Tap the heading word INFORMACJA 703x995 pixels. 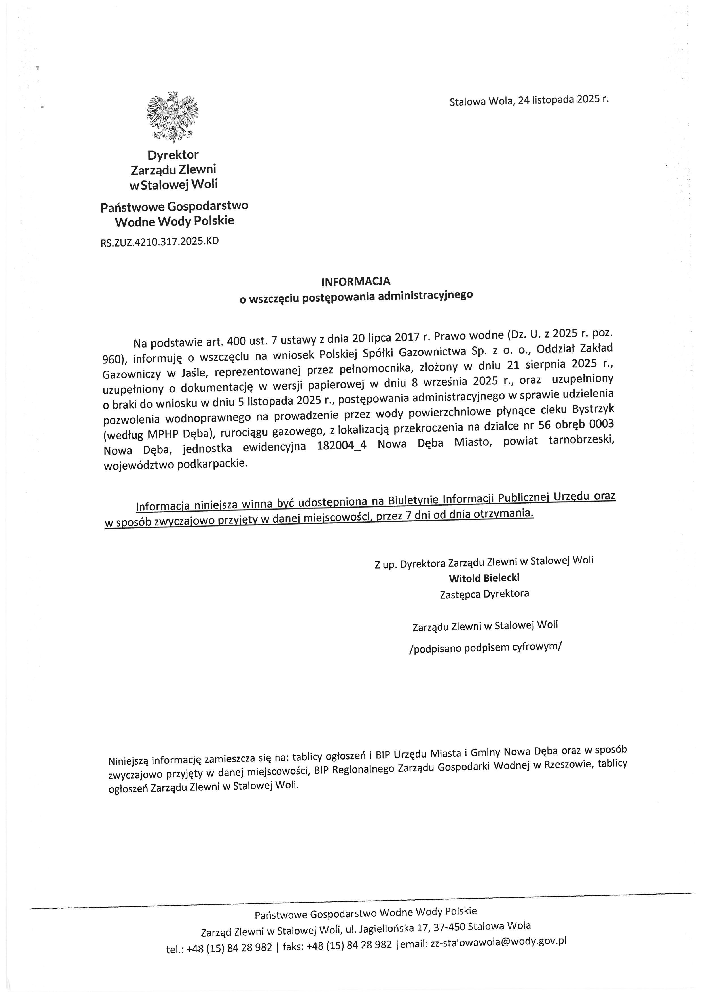pos(355,281)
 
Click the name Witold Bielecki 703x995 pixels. pos(484,578)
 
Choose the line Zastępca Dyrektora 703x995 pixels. pos(484,594)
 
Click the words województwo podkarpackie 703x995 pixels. pos(176,464)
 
